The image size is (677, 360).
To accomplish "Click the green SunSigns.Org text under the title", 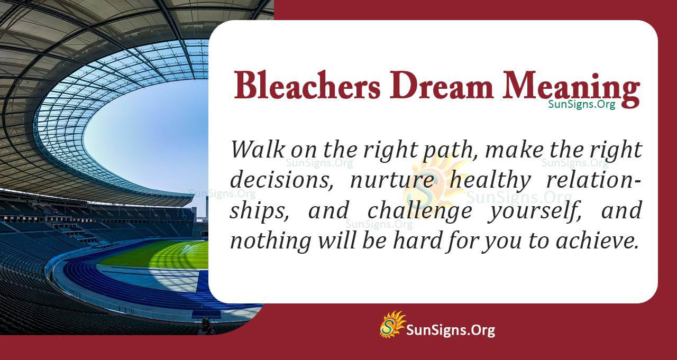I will (581, 104).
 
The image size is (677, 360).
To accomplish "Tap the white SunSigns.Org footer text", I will (450, 330).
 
